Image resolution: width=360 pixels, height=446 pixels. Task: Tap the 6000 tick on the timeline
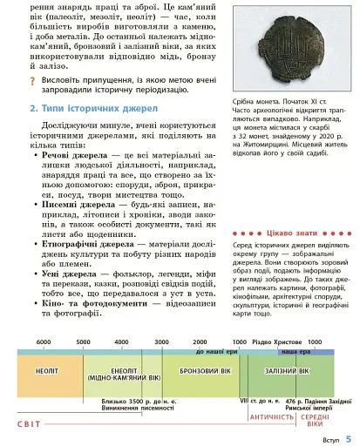(43, 342)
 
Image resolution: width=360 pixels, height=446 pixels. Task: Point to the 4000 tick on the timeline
(122, 342)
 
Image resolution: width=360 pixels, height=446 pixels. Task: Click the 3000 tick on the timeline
(161, 342)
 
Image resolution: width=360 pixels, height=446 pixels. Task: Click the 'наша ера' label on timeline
(294, 350)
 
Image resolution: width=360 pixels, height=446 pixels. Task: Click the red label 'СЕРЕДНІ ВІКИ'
(315, 421)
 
